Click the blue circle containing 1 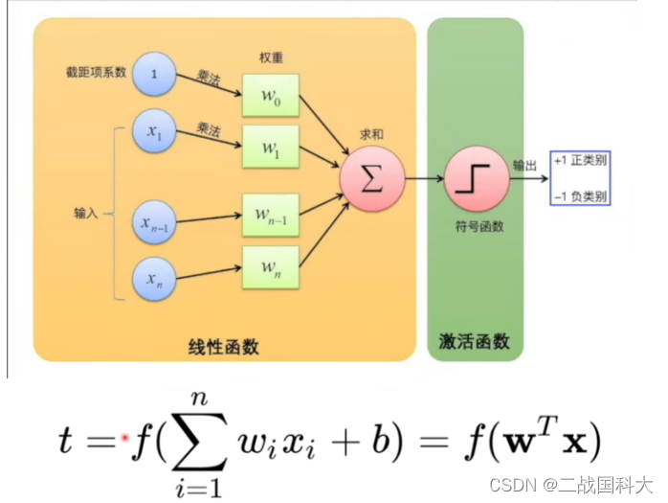click(155, 74)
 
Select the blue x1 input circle click(155, 136)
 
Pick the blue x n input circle click(155, 278)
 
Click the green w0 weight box click(270, 95)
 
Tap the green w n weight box click(270, 267)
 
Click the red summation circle click(370, 180)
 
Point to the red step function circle click(473, 180)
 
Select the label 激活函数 click(476, 342)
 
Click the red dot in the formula click(125, 438)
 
